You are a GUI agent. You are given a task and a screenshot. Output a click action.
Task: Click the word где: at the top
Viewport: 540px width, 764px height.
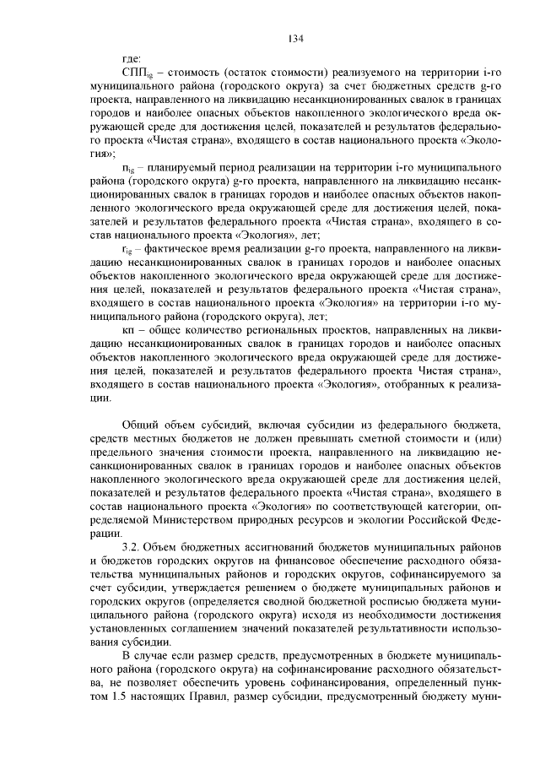click(x=131, y=57)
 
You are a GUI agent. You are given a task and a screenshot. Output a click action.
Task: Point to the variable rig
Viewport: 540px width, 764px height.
click(x=127, y=250)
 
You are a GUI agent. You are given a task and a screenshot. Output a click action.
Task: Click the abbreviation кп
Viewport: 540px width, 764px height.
click(x=129, y=331)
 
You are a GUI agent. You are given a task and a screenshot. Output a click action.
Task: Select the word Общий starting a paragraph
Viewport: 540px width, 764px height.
click(x=141, y=425)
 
